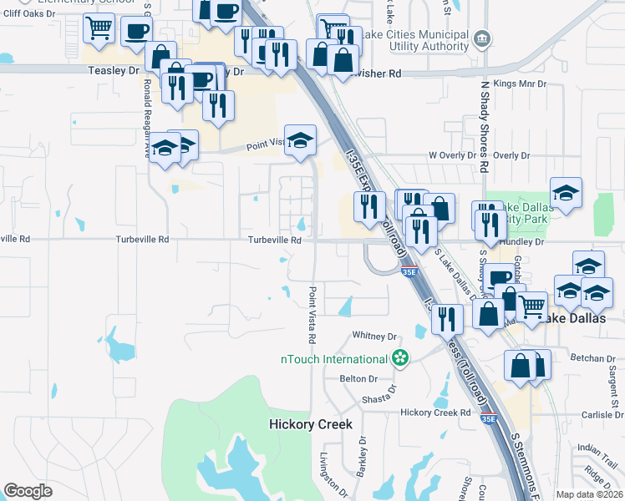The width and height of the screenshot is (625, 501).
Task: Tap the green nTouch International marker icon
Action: click(x=401, y=358)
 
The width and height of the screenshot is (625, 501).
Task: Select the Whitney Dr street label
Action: click(x=373, y=336)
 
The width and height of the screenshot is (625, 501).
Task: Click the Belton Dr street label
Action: click(x=360, y=378)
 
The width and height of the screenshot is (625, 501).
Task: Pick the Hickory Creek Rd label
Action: click(x=435, y=412)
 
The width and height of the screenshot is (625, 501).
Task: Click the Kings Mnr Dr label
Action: click(x=520, y=84)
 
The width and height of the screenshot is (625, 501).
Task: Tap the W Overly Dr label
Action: click(x=452, y=155)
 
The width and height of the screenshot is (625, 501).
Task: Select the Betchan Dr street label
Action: click(x=592, y=358)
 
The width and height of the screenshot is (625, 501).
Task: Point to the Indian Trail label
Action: click(x=596, y=448)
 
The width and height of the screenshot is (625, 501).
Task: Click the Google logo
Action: click(x=28, y=491)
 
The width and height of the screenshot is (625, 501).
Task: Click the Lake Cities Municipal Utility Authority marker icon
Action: click(x=481, y=38)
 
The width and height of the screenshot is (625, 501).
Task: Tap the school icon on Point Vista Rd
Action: click(x=300, y=139)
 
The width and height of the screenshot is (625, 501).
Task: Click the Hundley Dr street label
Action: click(x=521, y=241)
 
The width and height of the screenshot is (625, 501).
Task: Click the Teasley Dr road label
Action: click(x=114, y=71)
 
